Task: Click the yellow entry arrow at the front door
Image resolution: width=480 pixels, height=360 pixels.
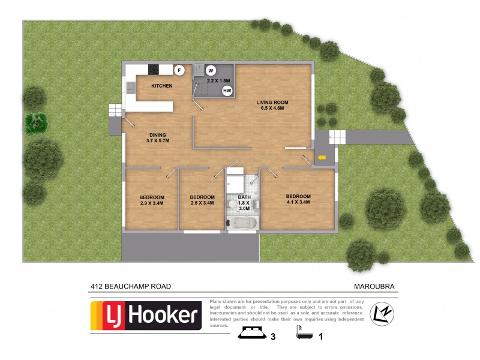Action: (x=322, y=158)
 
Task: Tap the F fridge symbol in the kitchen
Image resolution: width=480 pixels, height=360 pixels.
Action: (x=178, y=70)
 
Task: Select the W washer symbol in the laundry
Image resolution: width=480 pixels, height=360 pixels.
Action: (x=211, y=70)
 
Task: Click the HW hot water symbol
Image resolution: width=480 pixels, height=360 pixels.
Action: (x=227, y=91)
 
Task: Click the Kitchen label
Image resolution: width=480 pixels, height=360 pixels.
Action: (x=161, y=86)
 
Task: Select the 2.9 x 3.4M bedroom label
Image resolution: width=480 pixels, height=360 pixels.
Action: (x=152, y=200)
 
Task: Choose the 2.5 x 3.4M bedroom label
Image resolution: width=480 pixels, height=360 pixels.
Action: (x=202, y=200)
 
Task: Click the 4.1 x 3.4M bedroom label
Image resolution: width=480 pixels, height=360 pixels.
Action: (x=298, y=200)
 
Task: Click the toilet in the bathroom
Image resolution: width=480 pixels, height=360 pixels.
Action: (x=233, y=204)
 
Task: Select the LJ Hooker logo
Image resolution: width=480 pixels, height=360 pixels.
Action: (x=146, y=316)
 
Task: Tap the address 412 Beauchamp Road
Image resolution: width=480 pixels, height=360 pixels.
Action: (x=131, y=286)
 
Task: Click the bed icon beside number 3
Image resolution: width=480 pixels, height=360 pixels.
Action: (x=253, y=334)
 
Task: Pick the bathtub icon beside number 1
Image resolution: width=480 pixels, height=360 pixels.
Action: (x=304, y=334)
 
